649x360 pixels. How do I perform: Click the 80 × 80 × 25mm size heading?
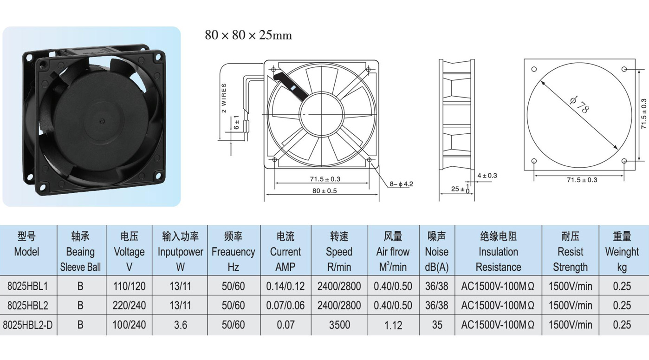pyautogui.click(x=248, y=35)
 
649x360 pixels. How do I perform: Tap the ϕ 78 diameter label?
pyautogui.click(x=579, y=105)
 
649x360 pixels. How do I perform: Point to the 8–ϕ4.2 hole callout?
pyautogui.click(x=401, y=184)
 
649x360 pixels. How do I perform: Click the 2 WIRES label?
pyautogui.click(x=224, y=98)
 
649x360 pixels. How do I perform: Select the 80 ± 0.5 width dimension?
pyautogui.click(x=324, y=191)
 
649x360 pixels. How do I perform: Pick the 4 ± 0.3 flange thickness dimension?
pyautogui.click(x=487, y=176)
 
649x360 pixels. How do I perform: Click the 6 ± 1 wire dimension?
pyautogui.click(x=236, y=122)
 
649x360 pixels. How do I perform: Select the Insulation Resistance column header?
pyautogui.click(x=498, y=252)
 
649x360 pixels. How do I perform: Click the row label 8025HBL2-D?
pyautogui.click(x=28, y=325)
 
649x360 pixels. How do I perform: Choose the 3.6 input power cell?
pyautogui.click(x=180, y=325)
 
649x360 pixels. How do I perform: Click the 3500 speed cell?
pyautogui.click(x=339, y=325)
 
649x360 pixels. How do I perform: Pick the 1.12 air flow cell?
pyautogui.click(x=393, y=325)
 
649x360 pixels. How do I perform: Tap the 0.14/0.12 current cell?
pyautogui.click(x=286, y=287)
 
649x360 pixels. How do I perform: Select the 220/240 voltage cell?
pyautogui.click(x=129, y=306)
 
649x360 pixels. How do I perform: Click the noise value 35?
pyautogui.click(x=437, y=325)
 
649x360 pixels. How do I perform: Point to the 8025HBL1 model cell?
pyautogui.click(x=27, y=287)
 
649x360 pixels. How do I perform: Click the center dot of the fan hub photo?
pyautogui.click(x=101, y=122)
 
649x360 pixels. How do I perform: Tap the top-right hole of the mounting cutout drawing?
pyautogui.click(x=624, y=69)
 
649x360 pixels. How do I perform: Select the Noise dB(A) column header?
pyautogui.click(x=437, y=252)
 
